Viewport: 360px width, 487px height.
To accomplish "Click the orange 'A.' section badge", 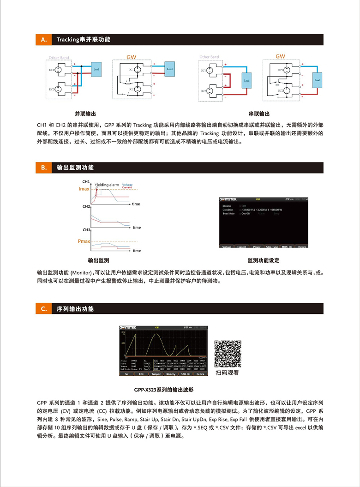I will click(44, 40).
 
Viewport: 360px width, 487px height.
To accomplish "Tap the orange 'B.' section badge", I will click(44, 168).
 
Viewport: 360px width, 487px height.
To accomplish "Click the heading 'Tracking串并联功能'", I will click(84, 40).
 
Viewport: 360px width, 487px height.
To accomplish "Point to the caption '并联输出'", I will click(86, 114).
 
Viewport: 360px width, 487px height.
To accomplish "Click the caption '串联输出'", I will click(259, 114).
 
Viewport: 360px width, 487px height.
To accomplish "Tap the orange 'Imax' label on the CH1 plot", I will click(84, 189).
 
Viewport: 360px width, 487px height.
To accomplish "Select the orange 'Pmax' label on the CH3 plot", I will click(84, 241).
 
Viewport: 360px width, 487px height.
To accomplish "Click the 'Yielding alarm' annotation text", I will click(107, 185).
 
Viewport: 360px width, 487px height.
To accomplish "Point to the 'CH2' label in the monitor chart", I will click(86, 206).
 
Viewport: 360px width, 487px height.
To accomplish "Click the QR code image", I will click(228, 353).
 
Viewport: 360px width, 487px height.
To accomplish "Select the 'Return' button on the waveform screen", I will click(200, 374).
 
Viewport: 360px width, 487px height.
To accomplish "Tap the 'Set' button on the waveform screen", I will click(126, 374).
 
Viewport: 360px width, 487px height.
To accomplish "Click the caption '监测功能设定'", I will click(264, 260).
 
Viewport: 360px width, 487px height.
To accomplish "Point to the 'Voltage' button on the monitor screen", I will click(227, 247).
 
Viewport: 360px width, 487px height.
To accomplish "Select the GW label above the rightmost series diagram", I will click(280, 56).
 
